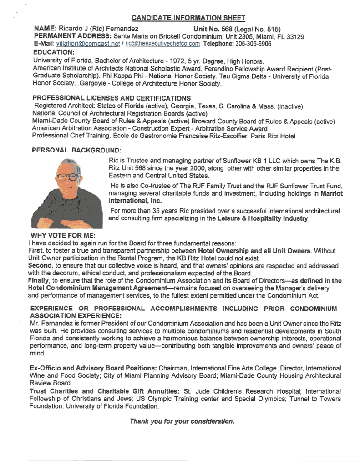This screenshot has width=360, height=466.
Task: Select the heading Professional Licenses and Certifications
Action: pos(112,98)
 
